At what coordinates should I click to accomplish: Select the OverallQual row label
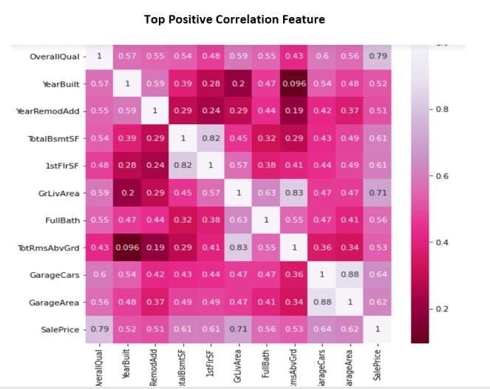pyautogui.click(x=54, y=57)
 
